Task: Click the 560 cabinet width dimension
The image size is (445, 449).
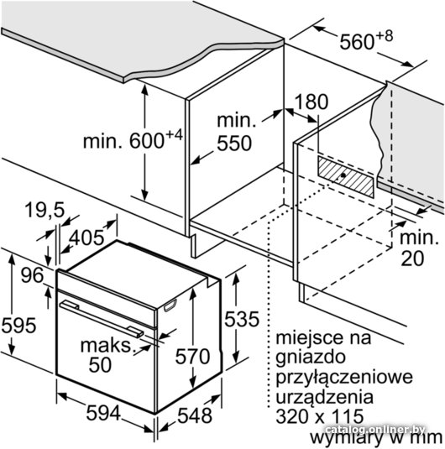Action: [x=366, y=40]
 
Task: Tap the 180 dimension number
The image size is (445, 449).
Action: [x=311, y=102]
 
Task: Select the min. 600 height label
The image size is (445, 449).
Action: [x=133, y=139]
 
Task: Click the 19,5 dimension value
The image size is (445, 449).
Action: [x=44, y=210]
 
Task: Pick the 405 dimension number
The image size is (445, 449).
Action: [x=86, y=238]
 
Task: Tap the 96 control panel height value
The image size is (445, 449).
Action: [x=33, y=275]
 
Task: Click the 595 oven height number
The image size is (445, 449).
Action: [x=19, y=326]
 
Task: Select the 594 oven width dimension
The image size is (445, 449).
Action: [x=103, y=413]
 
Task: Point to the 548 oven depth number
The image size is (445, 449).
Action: [x=195, y=415]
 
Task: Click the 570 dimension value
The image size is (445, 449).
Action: [x=192, y=356]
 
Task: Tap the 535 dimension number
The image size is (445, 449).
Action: [x=242, y=319]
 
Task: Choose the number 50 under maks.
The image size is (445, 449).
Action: [x=100, y=364]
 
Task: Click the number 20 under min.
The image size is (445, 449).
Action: [x=412, y=258]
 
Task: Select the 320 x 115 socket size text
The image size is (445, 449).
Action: [x=320, y=415]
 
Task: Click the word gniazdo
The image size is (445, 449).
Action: [x=311, y=358]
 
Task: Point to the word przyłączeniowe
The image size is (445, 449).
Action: [x=344, y=378]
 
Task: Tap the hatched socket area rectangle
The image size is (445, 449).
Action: [x=346, y=177]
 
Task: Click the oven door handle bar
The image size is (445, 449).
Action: [x=102, y=318]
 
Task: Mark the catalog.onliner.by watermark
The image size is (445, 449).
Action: [x=375, y=430]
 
